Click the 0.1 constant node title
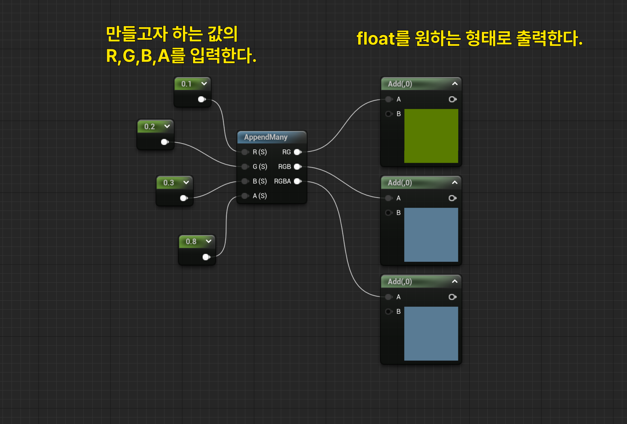click(x=186, y=84)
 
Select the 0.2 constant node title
click(x=149, y=126)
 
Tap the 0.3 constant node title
click(x=168, y=183)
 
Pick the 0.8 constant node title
click(x=191, y=241)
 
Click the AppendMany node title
click(x=266, y=137)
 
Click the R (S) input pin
click(x=245, y=152)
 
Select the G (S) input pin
click(x=245, y=167)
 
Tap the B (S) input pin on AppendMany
click(x=245, y=181)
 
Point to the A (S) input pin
click(x=245, y=196)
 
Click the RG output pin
click(x=298, y=152)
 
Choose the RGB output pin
click(x=298, y=167)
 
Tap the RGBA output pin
click(x=298, y=181)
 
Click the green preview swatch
click(x=431, y=136)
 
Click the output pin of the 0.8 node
click(x=206, y=257)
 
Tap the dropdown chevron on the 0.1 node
click(x=204, y=84)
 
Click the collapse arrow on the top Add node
click(x=455, y=84)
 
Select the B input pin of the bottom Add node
click(x=388, y=311)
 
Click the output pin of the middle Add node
click(x=452, y=198)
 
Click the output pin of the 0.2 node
click(x=164, y=142)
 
